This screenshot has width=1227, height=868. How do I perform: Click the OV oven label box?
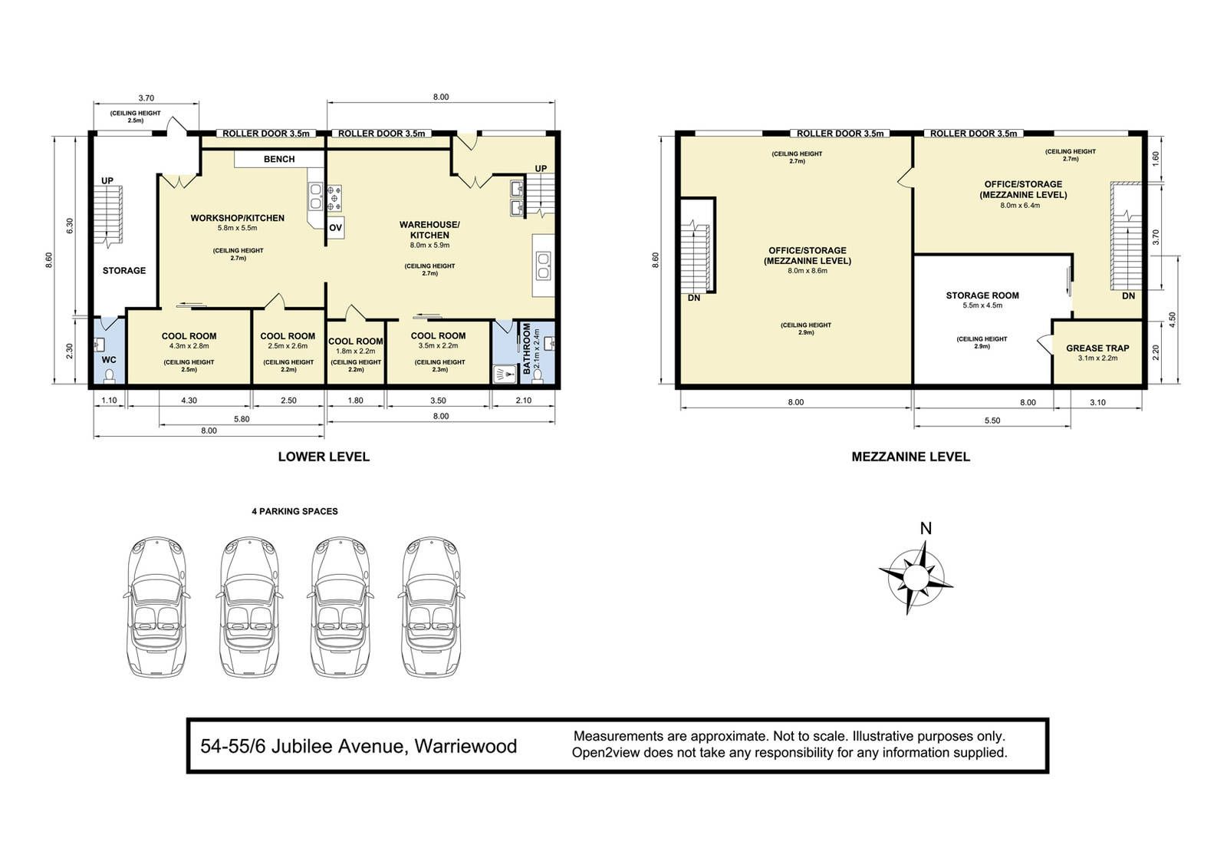click(x=335, y=228)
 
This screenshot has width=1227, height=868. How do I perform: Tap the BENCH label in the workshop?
click(x=279, y=159)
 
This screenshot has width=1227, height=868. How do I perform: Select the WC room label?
click(x=109, y=360)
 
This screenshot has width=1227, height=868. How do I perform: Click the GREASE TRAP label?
click(x=1097, y=348)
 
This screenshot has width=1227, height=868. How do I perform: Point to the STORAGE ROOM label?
click(x=982, y=295)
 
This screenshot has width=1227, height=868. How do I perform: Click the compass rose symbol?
click(x=916, y=577)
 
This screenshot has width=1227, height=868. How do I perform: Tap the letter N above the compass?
click(x=926, y=529)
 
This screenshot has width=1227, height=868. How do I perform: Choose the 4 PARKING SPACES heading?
click(x=294, y=511)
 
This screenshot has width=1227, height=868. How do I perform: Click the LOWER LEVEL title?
click(x=324, y=456)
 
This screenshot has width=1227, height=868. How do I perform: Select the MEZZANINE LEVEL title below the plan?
click(x=910, y=456)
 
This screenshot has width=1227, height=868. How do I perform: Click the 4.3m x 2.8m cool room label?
click(x=189, y=346)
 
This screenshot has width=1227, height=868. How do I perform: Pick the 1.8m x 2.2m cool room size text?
click(x=356, y=351)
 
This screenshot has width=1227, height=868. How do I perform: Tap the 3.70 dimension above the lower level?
click(x=146, y=98)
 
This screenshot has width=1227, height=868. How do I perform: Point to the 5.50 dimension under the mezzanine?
click(x=992, y=421)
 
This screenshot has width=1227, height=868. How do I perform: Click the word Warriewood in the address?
click(x=465, y=746)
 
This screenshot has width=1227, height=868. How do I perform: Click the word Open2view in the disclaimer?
click(x=605, y=752)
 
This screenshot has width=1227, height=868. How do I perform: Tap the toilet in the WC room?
click(x=110, y=375)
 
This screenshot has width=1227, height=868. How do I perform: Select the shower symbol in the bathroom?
click(x=505, y=375)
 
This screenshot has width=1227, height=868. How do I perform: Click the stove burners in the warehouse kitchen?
click(x=334, y=199)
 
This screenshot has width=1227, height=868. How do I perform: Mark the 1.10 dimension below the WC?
click(x=109, y=401)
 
